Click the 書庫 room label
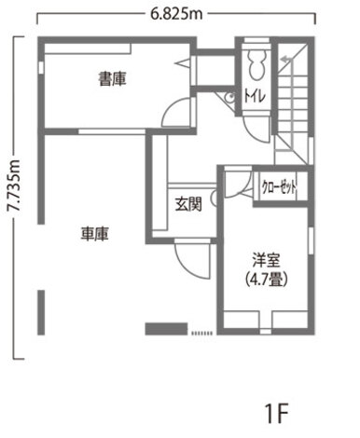point(113,81)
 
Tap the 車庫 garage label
point(94,235)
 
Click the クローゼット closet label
point(280,186)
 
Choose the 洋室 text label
point(266,259)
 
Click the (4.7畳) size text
point(266,278)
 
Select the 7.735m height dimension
point(13,196)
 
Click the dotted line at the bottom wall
point(201,331)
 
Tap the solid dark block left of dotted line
point(166,327)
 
